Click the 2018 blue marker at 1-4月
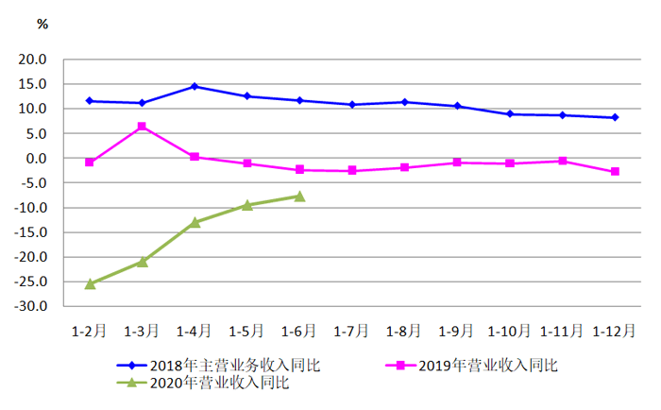(195, 86)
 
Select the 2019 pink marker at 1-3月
(142, 127)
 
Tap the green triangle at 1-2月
(90, 283)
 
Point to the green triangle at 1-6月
(299, 196)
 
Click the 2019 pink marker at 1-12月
(615, 171)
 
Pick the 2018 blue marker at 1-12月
(615, 117)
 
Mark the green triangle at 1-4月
(195, 222)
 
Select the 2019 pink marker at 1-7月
(352, 170)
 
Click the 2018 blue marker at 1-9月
(457, 106)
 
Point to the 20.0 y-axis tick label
(34, 59)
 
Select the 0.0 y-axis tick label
(37, 158)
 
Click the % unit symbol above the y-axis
(42, 25)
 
